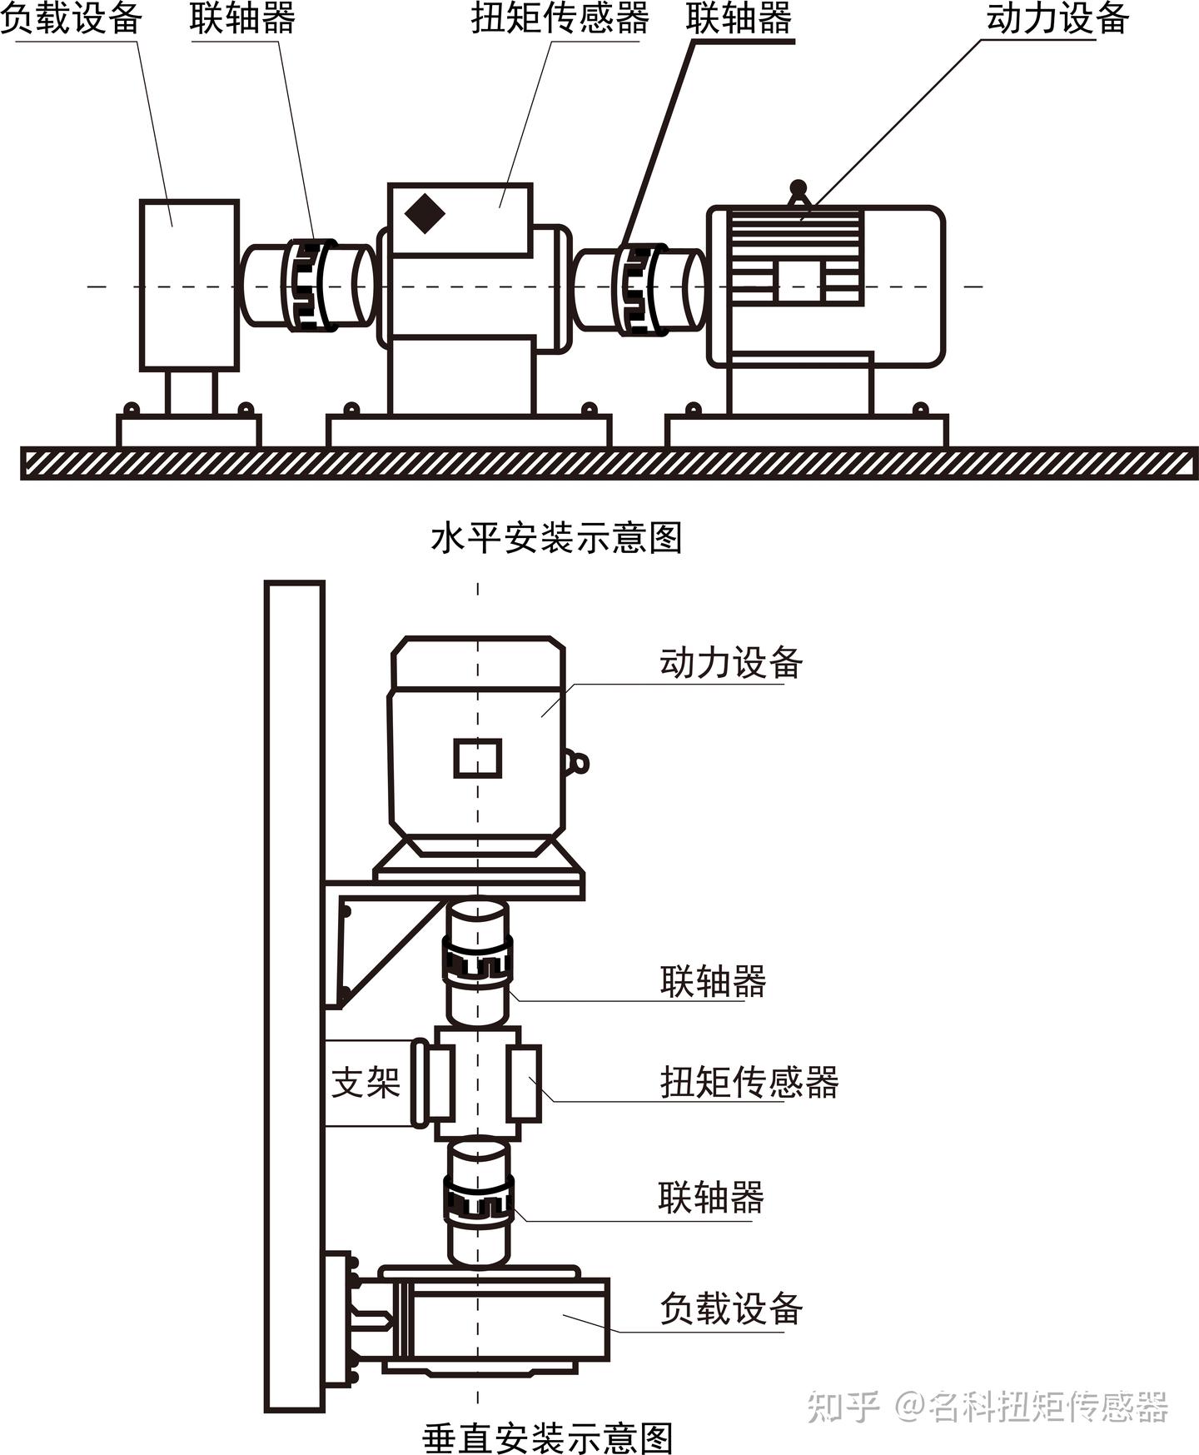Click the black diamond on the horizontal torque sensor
click(x=425, y=213)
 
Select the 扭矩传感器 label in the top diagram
click(x=560, y=18)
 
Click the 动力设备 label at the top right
click(x=1057, y=18)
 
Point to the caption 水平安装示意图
click(x=556, y=538)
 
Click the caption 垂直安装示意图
click(x=547, y=1437)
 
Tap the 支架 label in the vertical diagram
click(x=366, y=1082)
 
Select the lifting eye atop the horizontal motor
click(x=799, y=193)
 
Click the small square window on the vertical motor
click(x=478, y=758)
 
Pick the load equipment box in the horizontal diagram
click(x=189, y=285)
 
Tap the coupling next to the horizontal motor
click(x=639, y=288)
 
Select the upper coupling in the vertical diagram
click(x=477, y=964)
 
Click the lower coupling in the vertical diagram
click(x=478, y=1202)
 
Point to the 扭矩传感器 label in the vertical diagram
click(x=749, y=1082)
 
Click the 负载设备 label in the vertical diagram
click(x=731, y=1308)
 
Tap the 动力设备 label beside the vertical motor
click(x=731, y=663)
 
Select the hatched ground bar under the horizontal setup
click(x=609, y=463)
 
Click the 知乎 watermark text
click(x=843, y=1406)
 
